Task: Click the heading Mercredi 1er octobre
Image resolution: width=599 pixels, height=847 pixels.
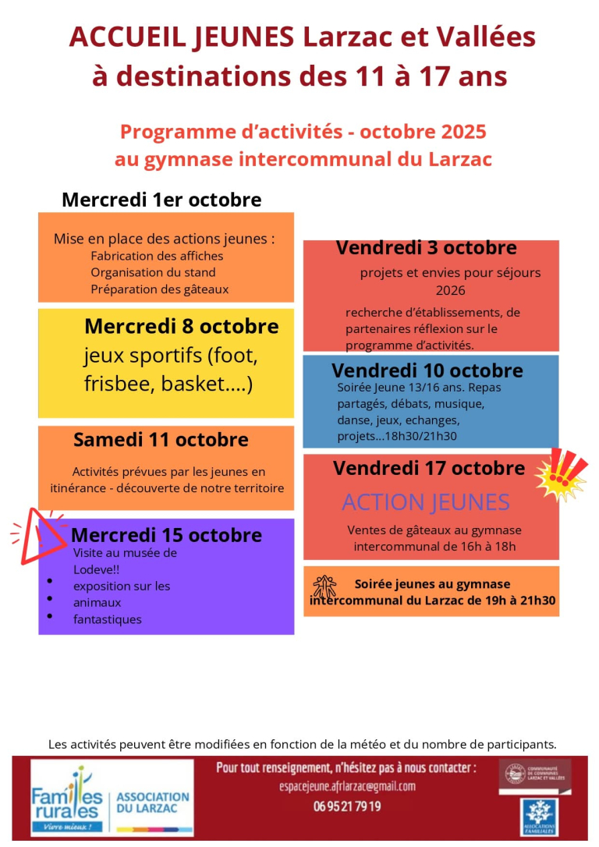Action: pyautogui.click(x=161, y=200)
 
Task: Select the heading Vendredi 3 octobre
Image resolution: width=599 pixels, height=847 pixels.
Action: pyautogui.click(x=426, y=248)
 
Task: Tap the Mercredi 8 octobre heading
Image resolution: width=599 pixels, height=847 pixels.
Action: pyautogui.click(x=181, y=326)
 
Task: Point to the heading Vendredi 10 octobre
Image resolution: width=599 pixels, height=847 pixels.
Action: pyautogui.click(x=427, y=370)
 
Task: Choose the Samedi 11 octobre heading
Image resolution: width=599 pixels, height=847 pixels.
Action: pyautogui.click(x=161, y=440)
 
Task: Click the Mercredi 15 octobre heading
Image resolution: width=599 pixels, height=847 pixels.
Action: pyautogui.click(x=166, y=536)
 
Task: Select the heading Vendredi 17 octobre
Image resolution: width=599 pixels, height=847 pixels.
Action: pyautogui.click(x=429, y=469)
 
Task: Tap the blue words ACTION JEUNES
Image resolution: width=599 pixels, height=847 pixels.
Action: pyautogui.click(x=426, y=502)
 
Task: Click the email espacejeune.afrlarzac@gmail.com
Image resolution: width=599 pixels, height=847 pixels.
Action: pyautogui.click(x=347, y=786)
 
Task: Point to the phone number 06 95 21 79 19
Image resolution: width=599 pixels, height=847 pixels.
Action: pyautogui.click(x=347, y=806)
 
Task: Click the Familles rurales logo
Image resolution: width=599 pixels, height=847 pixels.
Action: pyautogui.click(x=68, y=799)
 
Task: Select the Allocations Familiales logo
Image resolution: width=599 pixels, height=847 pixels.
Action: pyautogui.click(x=545, y=817)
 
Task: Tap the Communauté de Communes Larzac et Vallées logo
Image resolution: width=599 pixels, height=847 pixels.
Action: pyautogui.click(x=535, y=774)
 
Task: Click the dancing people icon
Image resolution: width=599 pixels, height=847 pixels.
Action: pyautogui.click(x=324, y=587)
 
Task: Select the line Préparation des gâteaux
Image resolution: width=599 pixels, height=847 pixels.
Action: pyautogui.click(x=159, y=289)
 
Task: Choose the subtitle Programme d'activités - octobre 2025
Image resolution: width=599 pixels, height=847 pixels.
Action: pyautogui.click(x=303, y=131)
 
